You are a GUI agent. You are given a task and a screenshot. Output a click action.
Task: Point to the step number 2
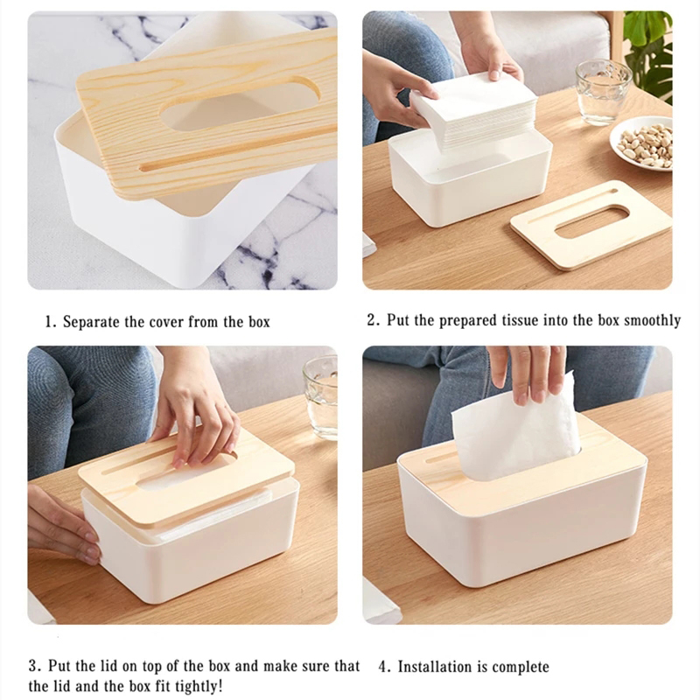click(x=372, y=320)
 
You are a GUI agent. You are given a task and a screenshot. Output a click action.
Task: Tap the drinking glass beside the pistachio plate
click(x=603, y=92)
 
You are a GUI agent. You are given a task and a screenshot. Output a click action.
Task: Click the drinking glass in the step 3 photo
click(x=320, y=397)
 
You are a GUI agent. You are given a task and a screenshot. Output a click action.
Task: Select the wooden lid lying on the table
click(x=591, y=224)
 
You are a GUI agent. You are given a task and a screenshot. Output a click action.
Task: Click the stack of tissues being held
click(x=474, y=112)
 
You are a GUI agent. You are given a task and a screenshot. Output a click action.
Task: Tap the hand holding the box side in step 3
click(x=63, y=525)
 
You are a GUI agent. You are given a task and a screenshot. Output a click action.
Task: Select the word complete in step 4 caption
click(x=521, y=668)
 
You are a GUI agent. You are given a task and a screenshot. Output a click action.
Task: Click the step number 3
click(x=34, y=666)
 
